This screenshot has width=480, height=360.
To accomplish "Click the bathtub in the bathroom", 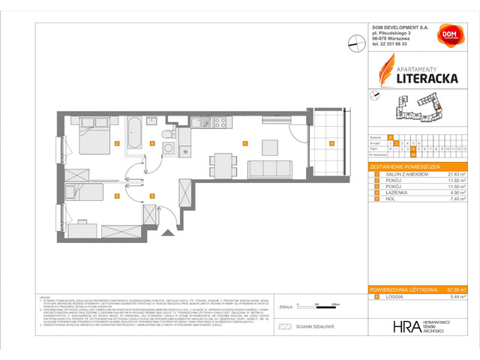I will click(136, 133).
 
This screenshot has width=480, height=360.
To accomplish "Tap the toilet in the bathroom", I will click(167, 136).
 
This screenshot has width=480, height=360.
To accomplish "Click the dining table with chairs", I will click(222, 162).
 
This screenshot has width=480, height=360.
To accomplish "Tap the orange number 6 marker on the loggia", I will click(331, 142).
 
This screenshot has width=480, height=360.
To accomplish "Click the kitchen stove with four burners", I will click(221, 122).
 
